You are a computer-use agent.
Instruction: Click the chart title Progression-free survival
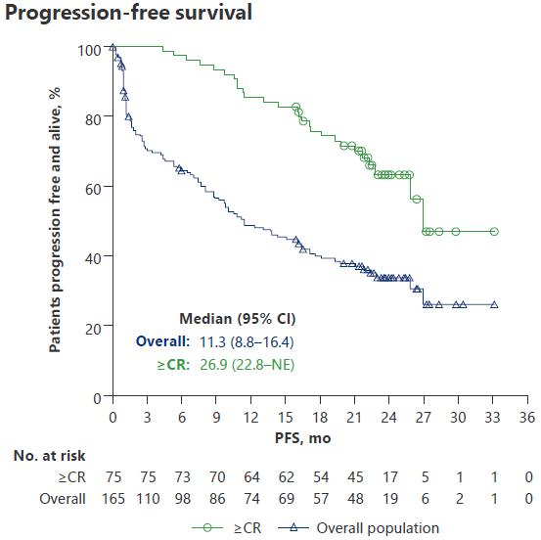click(x=128, y=13)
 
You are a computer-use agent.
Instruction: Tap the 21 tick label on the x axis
click(x=354, y=417)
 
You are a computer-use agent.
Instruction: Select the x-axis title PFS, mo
click(x=302, y=438)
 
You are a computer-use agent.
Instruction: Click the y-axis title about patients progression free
click(x=55, y=220)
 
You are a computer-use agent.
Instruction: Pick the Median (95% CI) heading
click(x=238, y=319)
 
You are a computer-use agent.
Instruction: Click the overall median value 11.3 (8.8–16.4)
click(x=247, y=342)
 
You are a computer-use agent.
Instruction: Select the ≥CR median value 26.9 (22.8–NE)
click(x=248, y=365)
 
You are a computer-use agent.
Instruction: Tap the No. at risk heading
click(x=49, y=456)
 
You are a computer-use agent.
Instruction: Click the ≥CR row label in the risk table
click(x=71, y=477)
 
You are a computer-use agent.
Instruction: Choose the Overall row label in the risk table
click(x=63, y=499)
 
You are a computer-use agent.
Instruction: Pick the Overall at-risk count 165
click(x=113, y=499)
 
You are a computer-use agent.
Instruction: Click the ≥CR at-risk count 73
click(x=183, y=477)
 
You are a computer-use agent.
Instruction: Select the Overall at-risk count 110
click(x=148, y=499)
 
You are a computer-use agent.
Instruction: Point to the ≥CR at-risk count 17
click(x=390, y=477)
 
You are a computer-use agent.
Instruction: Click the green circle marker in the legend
click(x=207, y=527)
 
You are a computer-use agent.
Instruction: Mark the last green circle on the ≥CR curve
click(x=494, y=232)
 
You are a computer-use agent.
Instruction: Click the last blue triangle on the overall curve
click(x=494, y=304)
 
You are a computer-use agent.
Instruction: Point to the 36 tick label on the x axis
click(x=527, y=417)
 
